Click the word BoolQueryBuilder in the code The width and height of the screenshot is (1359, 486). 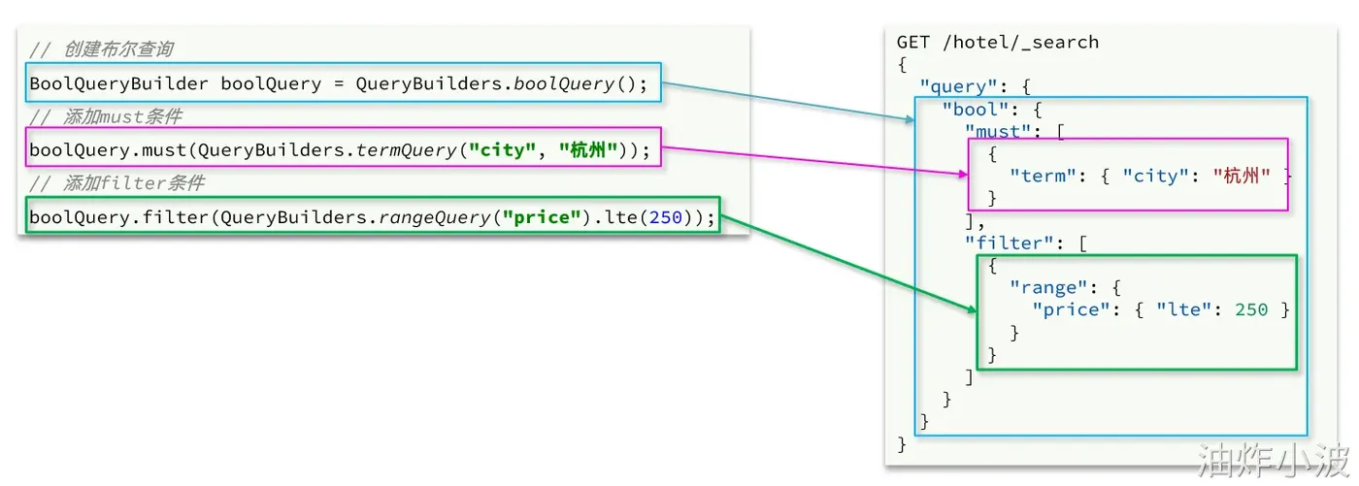coord(118,83)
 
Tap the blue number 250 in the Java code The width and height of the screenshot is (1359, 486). coord(666,217)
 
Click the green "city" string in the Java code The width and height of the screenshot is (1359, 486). coord(503,149)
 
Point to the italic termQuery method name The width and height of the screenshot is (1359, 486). coord(406,149)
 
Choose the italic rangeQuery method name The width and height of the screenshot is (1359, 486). coord(434,217)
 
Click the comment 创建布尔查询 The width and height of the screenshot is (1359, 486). coord(118,49)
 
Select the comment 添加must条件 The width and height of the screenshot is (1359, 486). coord(122,115)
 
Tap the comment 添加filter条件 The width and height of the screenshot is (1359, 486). coord(134,182)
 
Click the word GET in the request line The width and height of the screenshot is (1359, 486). coord(913,42)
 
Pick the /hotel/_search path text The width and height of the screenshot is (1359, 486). coord(1021,42)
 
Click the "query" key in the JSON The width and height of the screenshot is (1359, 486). coord(958,86)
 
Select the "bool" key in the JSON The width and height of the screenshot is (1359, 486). coord(975,109)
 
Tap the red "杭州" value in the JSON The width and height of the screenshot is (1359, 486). coord(1242,176)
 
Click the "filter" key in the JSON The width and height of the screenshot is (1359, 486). coord(1009,243)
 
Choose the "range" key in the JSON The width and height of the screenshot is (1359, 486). coord(1047,287)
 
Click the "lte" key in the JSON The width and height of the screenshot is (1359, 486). coord(1183,309)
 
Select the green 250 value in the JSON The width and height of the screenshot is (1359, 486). coord(1251,309)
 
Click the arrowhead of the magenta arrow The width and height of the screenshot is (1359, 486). coord(963,175)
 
